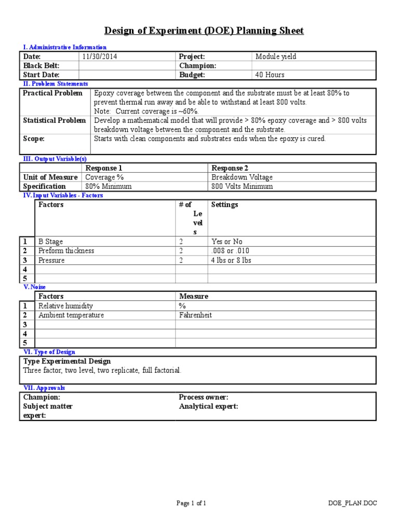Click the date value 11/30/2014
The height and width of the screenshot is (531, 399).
(99, 57)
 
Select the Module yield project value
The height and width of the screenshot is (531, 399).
(275, 57)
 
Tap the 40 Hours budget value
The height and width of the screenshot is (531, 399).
(270, 75)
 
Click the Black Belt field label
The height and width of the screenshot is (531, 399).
(42, 66)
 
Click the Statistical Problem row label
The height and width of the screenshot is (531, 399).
(55, 120)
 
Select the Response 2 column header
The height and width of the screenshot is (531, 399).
(230, 168)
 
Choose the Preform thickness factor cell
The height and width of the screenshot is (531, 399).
(66, 251)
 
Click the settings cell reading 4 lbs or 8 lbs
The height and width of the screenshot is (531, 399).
(231, 260)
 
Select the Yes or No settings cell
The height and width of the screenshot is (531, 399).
(227, 242)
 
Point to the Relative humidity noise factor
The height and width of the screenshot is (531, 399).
(66, 306)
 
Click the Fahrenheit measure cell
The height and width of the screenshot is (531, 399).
(195, 315)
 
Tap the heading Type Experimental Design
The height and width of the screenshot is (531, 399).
(67, 361)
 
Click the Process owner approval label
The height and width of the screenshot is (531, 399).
(204, 397)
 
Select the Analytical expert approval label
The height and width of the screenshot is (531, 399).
(208, 407)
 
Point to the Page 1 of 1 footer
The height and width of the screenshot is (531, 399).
(192, 502)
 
